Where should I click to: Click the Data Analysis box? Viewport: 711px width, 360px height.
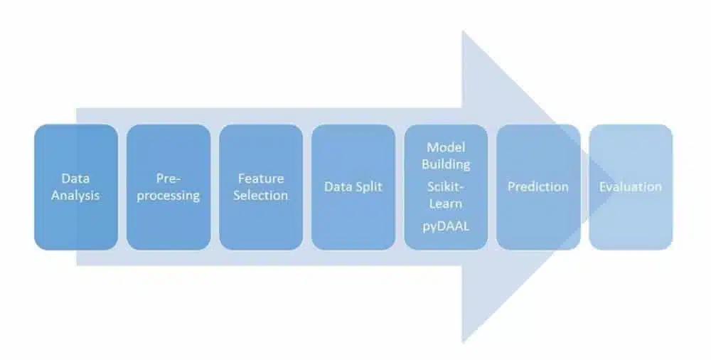click(76, 187)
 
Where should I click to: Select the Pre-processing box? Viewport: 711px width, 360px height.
click(169, 187)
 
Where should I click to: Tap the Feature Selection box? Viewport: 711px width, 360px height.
click(261, 187)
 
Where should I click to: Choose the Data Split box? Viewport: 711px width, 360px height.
click(353, 187)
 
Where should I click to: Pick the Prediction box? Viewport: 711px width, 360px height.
click(538, 187)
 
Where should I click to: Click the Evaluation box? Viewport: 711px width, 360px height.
click(631, 187)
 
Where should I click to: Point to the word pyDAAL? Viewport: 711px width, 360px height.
click(446, 226)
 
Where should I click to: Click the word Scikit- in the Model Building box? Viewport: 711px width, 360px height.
click(447, 186)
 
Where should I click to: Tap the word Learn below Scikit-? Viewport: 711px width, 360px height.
click(446, 203)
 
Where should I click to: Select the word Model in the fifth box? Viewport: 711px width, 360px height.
click(446, 147)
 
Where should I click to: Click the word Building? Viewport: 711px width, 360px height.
click(446, 164)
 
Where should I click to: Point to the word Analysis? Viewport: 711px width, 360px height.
click(75, 196)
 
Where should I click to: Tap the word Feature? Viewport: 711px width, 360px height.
click(261, 179)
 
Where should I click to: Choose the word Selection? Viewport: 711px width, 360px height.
click(261, 195)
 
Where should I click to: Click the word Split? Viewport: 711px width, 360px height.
click(369, 187)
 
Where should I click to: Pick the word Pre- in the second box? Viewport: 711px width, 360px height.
click(169, 179)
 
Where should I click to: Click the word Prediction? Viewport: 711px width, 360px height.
click(538, 186)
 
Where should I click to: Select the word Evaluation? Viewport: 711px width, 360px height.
click(631, 186)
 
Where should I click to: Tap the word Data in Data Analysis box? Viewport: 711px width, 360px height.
click(75, 179)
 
